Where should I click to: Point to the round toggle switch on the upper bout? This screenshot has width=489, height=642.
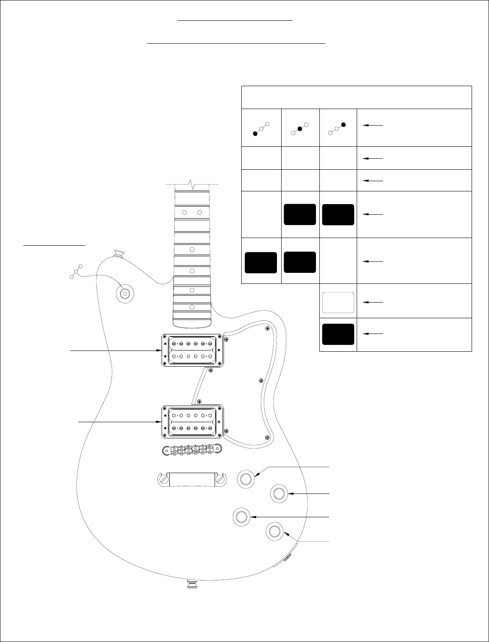point(125,294)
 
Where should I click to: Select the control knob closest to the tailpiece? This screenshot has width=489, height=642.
point(246,479)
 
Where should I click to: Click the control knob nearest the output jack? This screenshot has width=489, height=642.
point(274,531)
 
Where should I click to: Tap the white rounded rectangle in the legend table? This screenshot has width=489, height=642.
point(338,303)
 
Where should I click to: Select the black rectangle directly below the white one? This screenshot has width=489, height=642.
point(338,334)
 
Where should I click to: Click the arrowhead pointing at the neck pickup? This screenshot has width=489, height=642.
point(159,350)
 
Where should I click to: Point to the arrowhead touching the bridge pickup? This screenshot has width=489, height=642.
point(159,422)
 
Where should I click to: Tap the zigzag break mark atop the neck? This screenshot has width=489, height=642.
point(193,185)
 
